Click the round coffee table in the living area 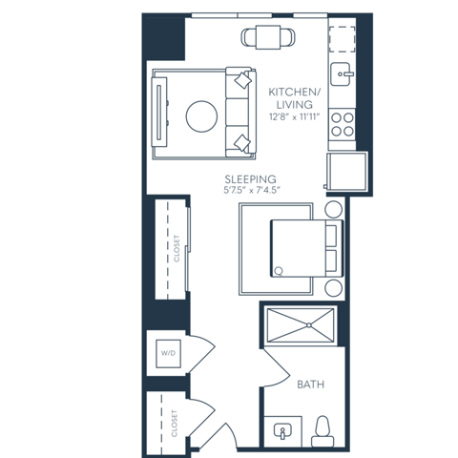pos(200,116)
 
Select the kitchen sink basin pos(341,73)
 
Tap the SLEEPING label pos(251,178)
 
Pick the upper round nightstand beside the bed pos(334,211)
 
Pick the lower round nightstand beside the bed pos(334,287)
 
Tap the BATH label pos(310,385)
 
